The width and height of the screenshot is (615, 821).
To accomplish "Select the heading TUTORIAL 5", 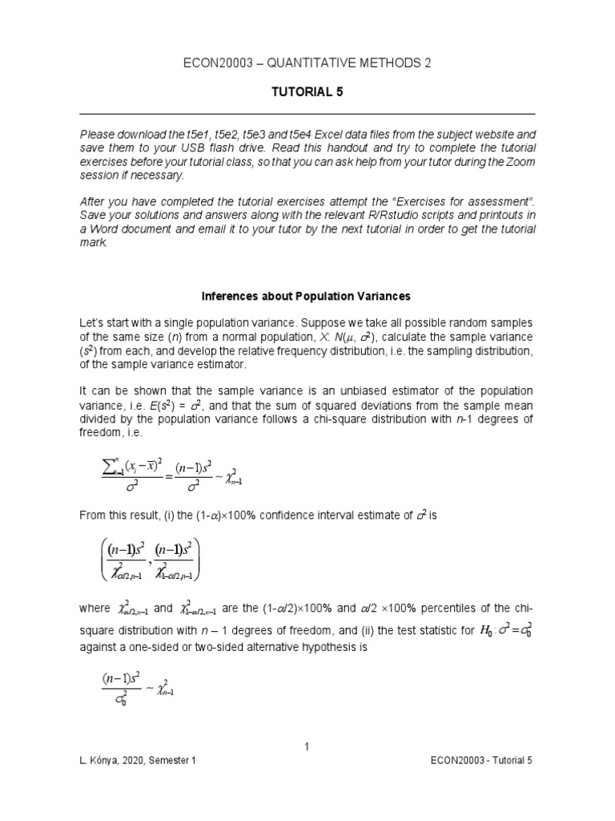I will click(x=307, y=92).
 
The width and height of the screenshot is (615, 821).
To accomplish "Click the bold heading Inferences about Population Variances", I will click(x=307, y=296).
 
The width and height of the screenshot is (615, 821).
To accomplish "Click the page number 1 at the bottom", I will click(x=307, y=748).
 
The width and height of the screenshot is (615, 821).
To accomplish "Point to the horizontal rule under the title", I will click(x=307, y=113).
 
